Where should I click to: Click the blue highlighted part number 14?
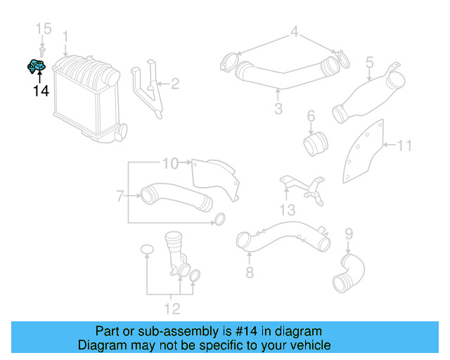[37, 67]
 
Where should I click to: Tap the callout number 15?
[44, 29]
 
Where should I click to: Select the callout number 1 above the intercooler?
[65, 36]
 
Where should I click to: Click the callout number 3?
[278, 108]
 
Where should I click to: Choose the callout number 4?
[295, 31]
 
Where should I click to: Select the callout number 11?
[404, 146]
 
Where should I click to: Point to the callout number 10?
[170, 164]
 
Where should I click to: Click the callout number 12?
[172, 308]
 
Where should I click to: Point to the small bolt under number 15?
[44, 51]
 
